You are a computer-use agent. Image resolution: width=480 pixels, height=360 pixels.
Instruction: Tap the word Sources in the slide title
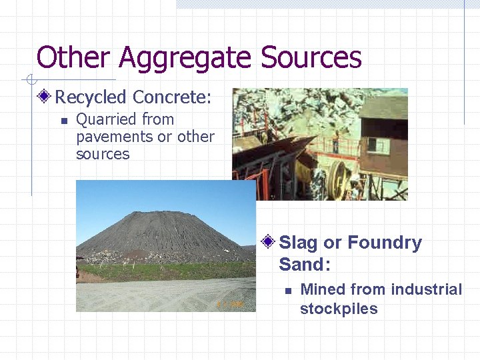(311, 57)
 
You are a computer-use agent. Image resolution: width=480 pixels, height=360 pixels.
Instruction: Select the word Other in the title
(73, 57)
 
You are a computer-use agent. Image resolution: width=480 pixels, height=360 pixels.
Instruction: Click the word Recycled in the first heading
(91, 97)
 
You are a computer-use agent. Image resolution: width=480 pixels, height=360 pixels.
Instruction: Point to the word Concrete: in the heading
(172, 97)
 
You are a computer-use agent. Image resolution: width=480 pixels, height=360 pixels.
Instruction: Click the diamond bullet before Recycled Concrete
(45, 97)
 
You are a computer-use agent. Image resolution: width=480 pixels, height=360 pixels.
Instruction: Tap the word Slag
(299, 243)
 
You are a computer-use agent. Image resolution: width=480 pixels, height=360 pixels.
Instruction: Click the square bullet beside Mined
(287, 290)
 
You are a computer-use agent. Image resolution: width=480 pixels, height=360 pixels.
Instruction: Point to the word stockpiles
(339, 309)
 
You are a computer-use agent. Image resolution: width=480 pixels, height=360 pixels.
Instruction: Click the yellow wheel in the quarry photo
(339, 178)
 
